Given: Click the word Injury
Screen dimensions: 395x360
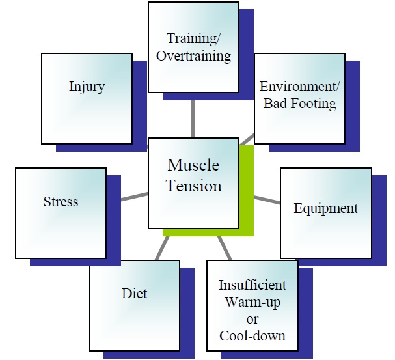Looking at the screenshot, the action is [87, 87].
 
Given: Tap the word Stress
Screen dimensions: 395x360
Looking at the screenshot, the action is [61, 202].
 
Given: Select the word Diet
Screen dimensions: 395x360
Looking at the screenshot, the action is [134, 294].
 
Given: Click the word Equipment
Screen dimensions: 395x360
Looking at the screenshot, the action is [326, 209].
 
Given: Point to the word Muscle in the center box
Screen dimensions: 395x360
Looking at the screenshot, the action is [193, 165].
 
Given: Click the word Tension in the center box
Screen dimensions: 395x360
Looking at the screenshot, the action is [194, 186].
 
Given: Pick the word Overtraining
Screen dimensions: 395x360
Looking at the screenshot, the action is [193, 56].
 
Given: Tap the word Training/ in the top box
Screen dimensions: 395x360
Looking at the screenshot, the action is [193, 38].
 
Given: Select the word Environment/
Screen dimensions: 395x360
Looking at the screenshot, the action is [300, 87].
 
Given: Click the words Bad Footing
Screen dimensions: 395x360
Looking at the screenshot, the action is [300, 104].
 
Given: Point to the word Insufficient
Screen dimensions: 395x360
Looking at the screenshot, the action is [252, 285].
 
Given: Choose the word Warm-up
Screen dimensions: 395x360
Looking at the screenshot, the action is [252, 302].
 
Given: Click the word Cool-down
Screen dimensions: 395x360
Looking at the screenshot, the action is [252, 336].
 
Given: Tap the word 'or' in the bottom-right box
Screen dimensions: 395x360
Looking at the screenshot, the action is [252, 320].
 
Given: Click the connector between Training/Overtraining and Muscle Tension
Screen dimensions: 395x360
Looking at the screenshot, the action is [193, 119].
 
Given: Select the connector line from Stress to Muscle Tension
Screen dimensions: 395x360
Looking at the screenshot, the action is [135, 197].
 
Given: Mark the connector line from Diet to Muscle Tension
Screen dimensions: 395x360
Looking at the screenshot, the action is [162, 248].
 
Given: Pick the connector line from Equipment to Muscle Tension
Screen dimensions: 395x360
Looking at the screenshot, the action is [267, 199].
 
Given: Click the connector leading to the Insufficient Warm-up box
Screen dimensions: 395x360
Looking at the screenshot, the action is [225, 248].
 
